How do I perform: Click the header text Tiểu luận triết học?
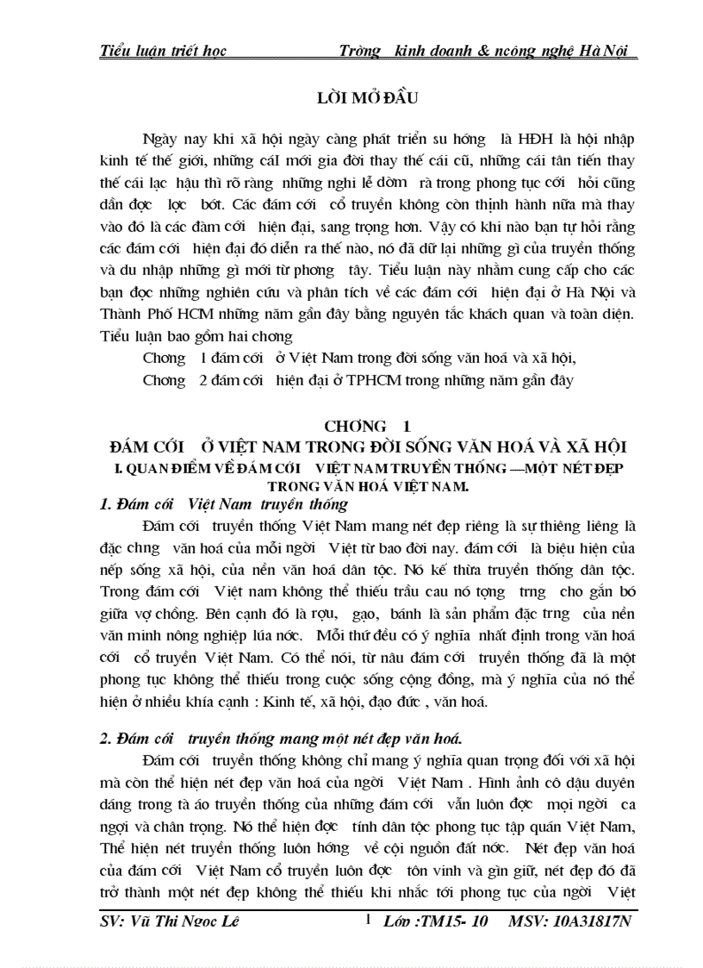pos(163,51)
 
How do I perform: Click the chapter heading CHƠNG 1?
pos(366,426)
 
